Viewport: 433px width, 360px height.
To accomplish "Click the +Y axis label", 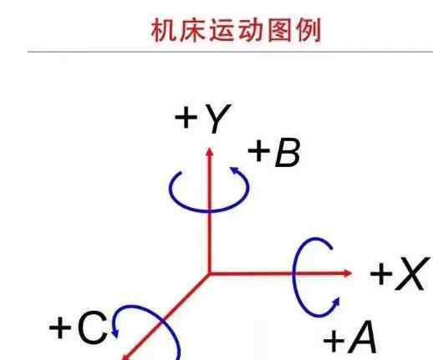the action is coord(203,119).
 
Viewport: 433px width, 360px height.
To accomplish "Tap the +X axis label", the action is coord(400,274).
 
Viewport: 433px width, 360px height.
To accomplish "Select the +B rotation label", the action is coord(274,153).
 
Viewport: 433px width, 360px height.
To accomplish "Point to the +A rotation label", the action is coord(350,337).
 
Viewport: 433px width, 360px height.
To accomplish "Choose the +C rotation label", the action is coord(78,327).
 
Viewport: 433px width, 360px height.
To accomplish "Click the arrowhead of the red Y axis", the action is coord(210,152).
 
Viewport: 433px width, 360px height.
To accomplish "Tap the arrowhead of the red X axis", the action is coord(348,273).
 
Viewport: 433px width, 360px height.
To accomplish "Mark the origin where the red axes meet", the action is coord(209,274).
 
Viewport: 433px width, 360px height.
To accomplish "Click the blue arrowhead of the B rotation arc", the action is coord(235,170).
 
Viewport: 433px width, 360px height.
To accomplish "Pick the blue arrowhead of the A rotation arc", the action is coord(336,302).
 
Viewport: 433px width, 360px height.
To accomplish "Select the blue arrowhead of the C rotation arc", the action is coord(115,333).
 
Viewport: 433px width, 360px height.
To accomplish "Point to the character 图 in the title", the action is coord(279,30).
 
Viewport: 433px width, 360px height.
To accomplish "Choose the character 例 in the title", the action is coord(308,30).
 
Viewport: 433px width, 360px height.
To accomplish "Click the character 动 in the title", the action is coord(250,30).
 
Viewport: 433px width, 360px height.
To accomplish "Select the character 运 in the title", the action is coord(222,30).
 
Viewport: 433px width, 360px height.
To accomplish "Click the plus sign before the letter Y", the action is coord(186,117).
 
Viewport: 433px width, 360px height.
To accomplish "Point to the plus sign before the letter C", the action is coord(60,327).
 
